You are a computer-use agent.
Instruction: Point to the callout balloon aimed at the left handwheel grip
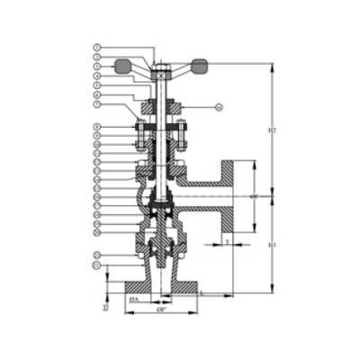(97, 67)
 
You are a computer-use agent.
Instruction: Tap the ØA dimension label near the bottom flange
(133, 297)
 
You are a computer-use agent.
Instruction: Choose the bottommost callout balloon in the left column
(97, 265)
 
